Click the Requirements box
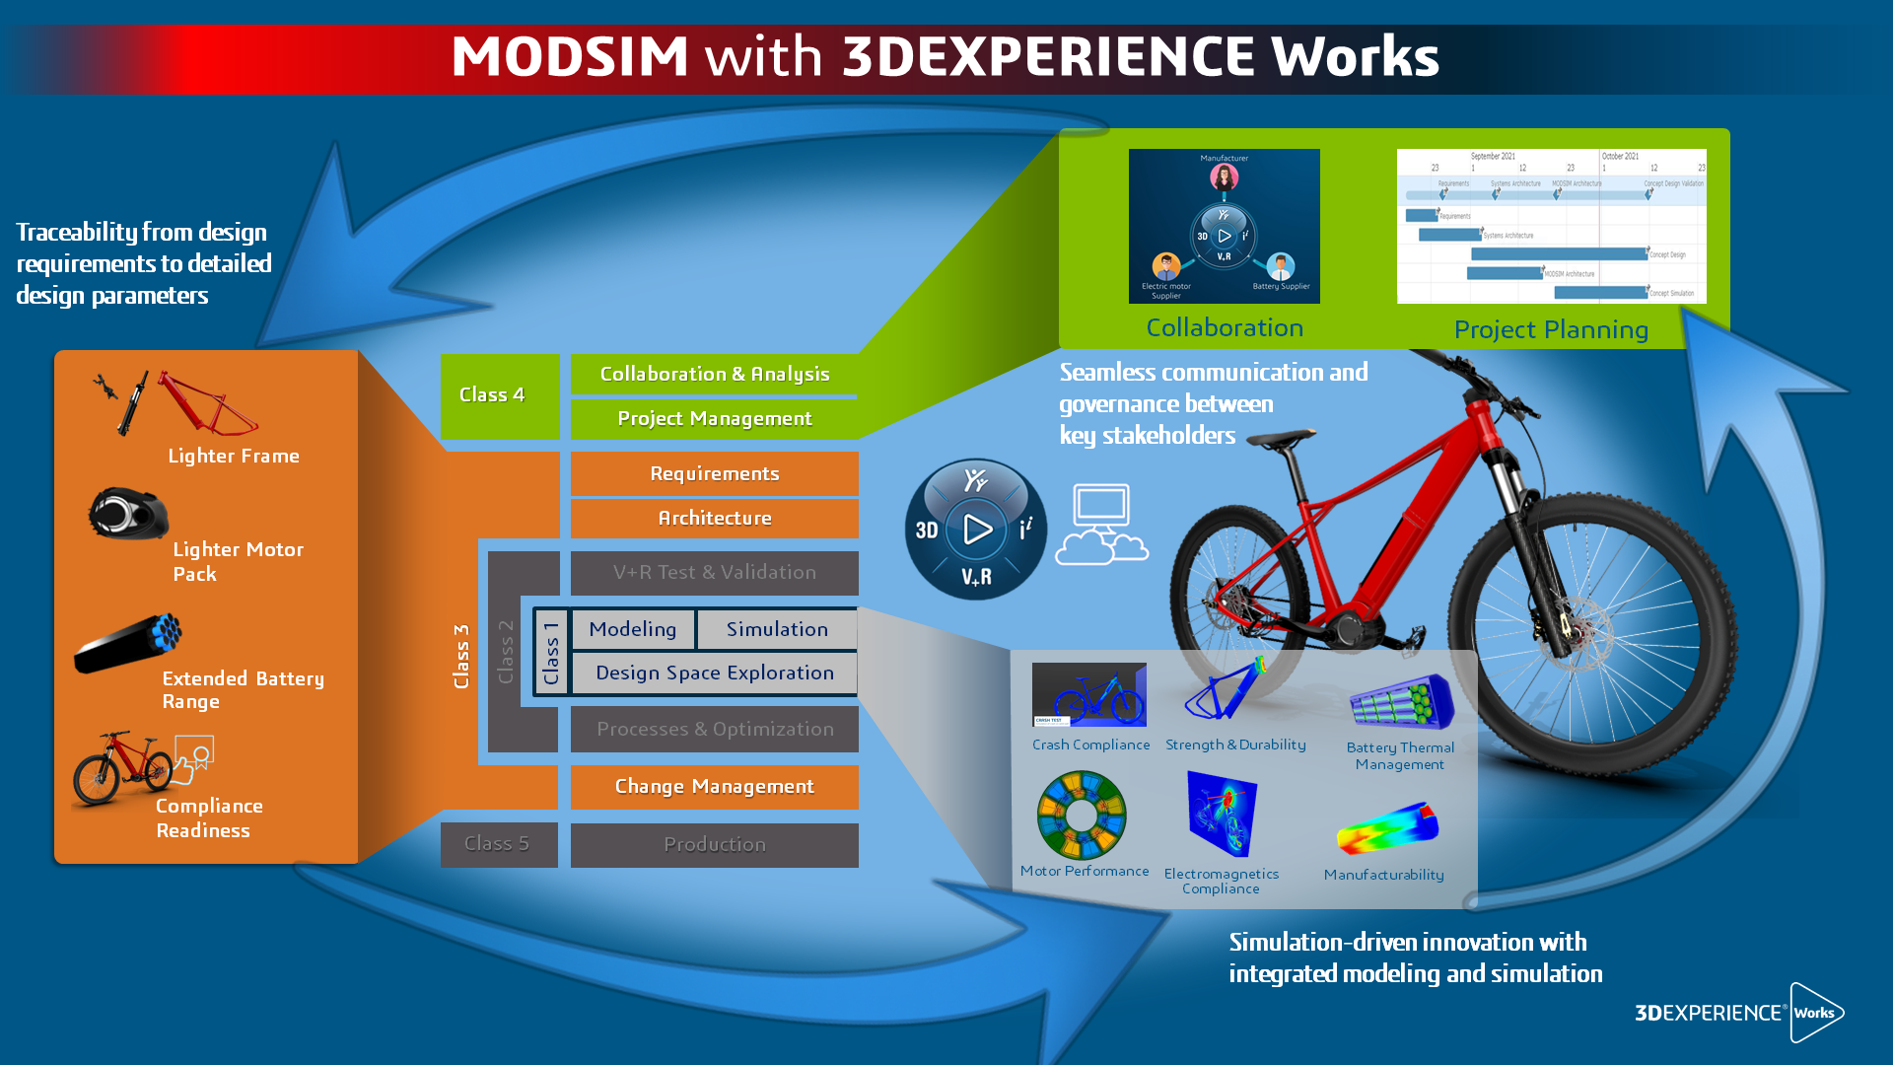tap(714, 474)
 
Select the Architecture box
tap(714, 519)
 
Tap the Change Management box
tap(714, 787)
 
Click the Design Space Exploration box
tap(714, 674)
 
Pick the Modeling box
tap(633, 630)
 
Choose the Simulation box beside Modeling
tap(777, 630)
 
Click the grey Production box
tap(714, 845)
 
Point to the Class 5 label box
tap(498, 844)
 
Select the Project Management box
tap(714, 419)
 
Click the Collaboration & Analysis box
tap(714, 375)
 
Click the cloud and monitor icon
tap(1102, 525)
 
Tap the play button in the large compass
tap(976, 530)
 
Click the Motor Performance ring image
tap(1082, 816)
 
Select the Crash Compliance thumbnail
tap(1088, 694)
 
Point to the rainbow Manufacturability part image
tap(1386, 828)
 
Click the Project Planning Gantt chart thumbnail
tap(1551, 226)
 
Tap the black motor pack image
tap(128, 514)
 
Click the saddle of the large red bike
tap(1281, 437)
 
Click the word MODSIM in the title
tap(570, 56)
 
